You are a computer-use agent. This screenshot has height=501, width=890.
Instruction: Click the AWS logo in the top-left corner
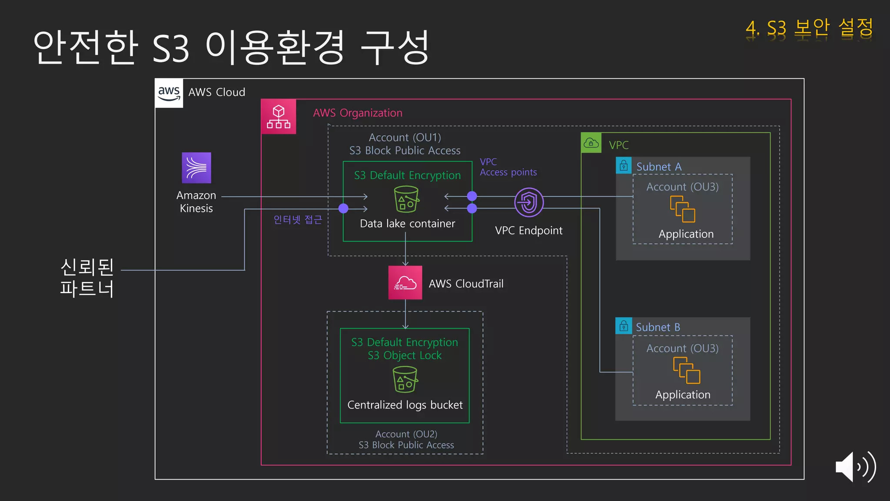coord(169,93)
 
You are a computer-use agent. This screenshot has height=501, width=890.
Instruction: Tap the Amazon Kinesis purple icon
coord(196,167)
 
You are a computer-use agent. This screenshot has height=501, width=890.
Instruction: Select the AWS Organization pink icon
coord(279,117)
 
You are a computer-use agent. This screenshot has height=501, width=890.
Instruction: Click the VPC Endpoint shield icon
coord(529,202)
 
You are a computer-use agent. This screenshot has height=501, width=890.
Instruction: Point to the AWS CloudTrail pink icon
coord(405,283)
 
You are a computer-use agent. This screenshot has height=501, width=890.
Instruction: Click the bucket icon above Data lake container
coord(406,200)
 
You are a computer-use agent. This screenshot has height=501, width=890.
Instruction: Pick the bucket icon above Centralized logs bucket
coord(405,379)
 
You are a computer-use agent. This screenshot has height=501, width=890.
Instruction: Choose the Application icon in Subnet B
coord(686,370)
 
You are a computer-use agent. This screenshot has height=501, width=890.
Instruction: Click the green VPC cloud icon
coord(591,143)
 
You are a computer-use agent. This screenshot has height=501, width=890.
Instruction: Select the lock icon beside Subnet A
coord(624,166)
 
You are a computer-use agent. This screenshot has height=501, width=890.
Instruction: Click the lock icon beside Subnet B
coord(624,326)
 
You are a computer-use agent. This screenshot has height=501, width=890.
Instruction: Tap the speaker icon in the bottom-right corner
coord(855,467)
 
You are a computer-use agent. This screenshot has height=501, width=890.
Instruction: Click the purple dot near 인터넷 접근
coord(343,208)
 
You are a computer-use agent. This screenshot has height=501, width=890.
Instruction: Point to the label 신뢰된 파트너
coord(87,277)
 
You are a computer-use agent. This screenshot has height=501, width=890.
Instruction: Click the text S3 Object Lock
coord(405,355)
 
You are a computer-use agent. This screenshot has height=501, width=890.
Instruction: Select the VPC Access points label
coord(508,167)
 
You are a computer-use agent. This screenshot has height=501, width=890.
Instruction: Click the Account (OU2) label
coord(406,434)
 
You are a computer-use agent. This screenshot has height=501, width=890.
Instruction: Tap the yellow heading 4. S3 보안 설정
coord(809,28)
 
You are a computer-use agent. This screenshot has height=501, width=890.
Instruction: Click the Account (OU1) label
coord(405,137)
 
